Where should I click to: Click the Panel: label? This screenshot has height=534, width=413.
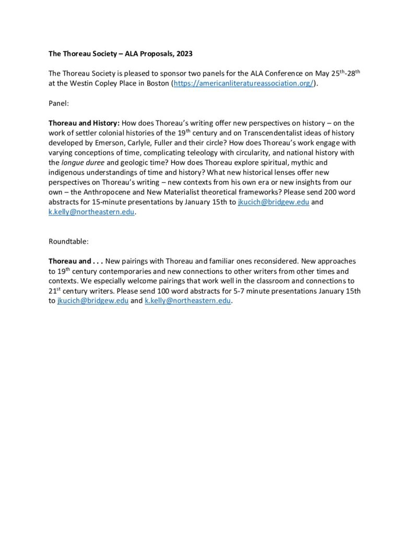tap(58, 103)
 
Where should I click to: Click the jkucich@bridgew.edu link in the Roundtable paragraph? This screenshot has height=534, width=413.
tap(92, 301)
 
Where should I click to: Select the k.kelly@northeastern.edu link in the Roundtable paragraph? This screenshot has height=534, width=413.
tap(187, 301)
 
